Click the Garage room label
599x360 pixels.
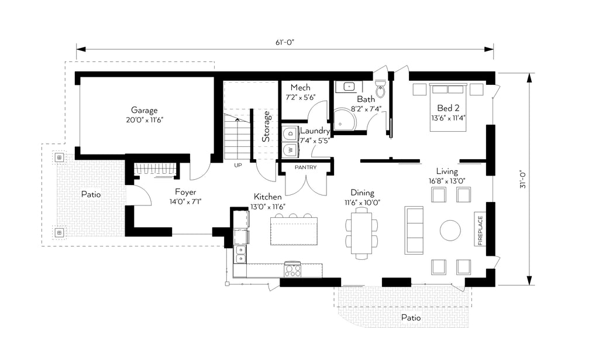[x=144, y=111]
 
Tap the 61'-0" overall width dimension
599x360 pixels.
[x=285, y=42]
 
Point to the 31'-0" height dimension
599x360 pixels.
[x=523, y=179]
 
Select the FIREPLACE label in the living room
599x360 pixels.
[x=480, y=231]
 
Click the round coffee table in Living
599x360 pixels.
[x=450, y=230]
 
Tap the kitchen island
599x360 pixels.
[x=294, y=231]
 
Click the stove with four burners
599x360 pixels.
[x=292, y=269]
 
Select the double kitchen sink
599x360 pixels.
[x=240, y=255]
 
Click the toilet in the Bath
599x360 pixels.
[x=380, y=88]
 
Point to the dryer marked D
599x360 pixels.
[x=290, y=133]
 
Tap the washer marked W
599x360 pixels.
[x=290, y=149]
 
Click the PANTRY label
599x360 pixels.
[x=305, y=167]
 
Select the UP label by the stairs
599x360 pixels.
[x=238, y=166]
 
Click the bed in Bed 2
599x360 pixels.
[x=448, y=107]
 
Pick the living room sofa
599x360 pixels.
[x=414, y=231]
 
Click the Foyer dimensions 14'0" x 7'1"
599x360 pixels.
[x=185, y=201]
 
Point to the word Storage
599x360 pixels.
[x=266, y=126]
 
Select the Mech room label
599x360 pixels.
[x=300, y=88]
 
